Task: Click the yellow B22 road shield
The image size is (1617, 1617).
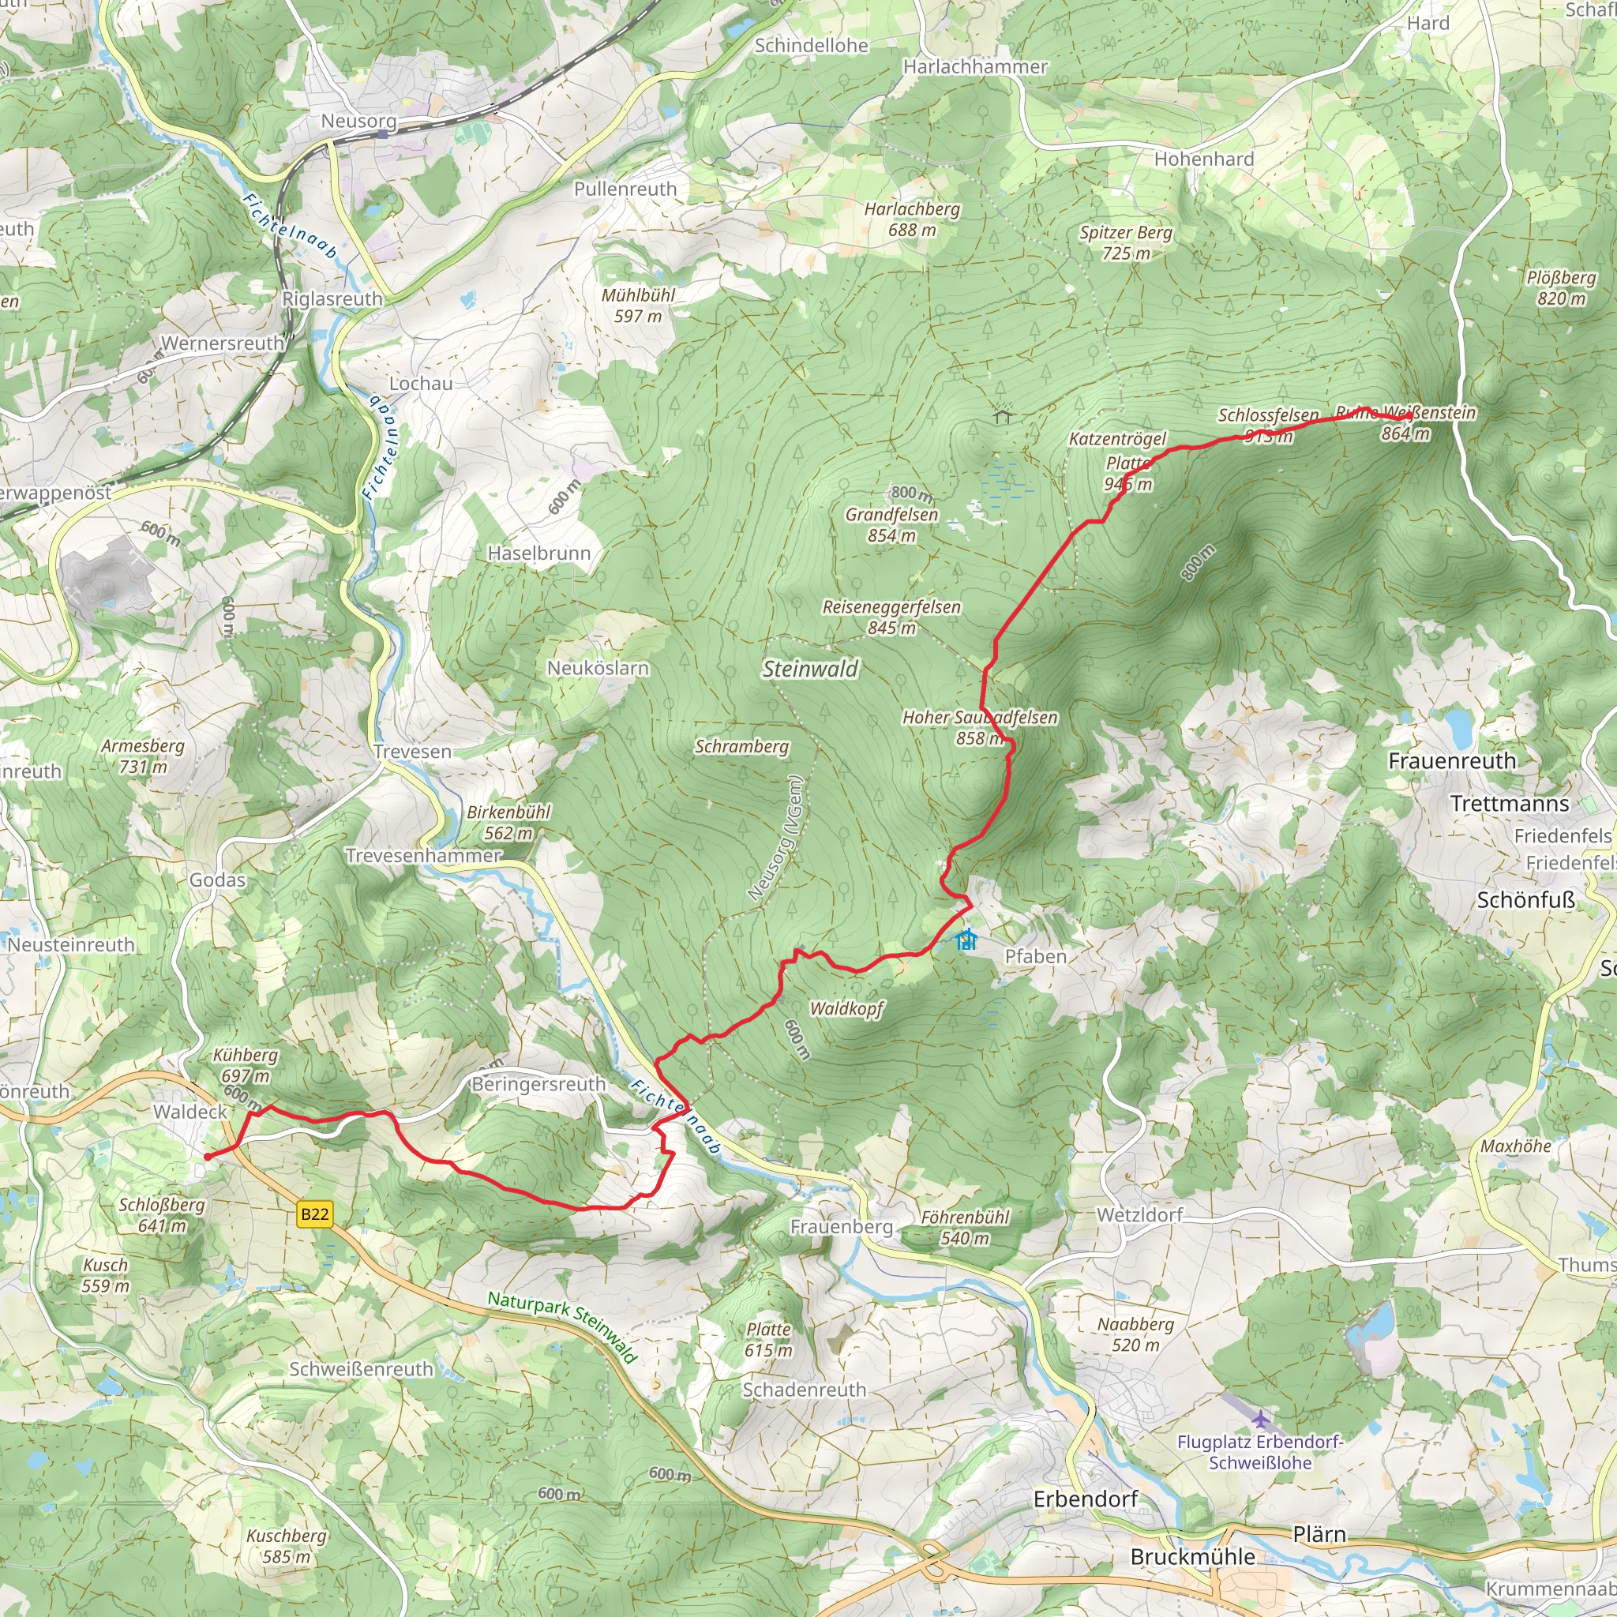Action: pyautogui.click(x=315, y=1214)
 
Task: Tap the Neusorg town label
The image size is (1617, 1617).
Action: pyautogui.click(x=358, y=122)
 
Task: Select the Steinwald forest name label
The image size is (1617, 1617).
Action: pyautogui.click(x=810, y=669)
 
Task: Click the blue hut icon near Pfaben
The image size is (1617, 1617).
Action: pyautogui.click(x=966, y=939)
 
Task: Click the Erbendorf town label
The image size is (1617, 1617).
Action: pyautogui.click(x=1086, y=1499)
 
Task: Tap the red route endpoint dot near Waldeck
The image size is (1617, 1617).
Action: pyautogui.click(x=208, y=1157)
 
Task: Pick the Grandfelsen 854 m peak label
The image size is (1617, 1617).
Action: pyautogui.click(x=891, y=525)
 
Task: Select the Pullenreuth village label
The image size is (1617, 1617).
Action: pyautogui.click(x=625, y=189)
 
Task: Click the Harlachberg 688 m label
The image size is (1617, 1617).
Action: pyautogui.click(x=912, y=219)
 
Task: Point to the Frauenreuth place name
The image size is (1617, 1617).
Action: pyautogui.click(x=1452, y=761)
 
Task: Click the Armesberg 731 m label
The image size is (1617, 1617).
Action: pyautogui.click(x=143, y=756)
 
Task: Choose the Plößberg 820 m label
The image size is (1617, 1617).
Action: pyautogui.click(x=1561, y=288)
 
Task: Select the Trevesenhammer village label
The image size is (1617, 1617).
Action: pyautogui.click(x=423, y=855)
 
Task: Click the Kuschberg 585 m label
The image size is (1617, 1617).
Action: pyautogui.click(x=287, y=1546)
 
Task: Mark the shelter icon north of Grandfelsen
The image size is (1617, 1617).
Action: pyautogui.click(x=1003, y=415)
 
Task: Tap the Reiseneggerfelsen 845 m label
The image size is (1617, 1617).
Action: pyautogui.click(x=891, y=617)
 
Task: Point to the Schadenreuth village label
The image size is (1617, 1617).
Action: pyautogui.click(x=805, y=1390)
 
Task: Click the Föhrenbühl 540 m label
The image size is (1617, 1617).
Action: pyautogui.click(x=965, y=1228)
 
